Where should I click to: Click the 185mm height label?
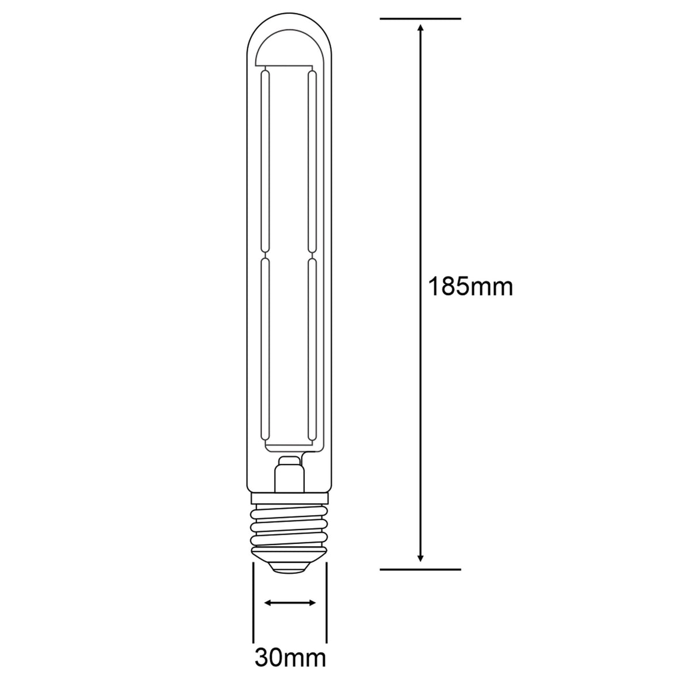[470, 286]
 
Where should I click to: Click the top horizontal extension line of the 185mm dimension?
[420, 19]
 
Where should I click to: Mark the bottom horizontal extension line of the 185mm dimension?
[420, 569]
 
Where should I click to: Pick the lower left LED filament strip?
[265, 351]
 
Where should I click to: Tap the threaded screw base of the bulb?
[289, 526]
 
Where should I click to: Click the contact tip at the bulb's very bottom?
[289, 568]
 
